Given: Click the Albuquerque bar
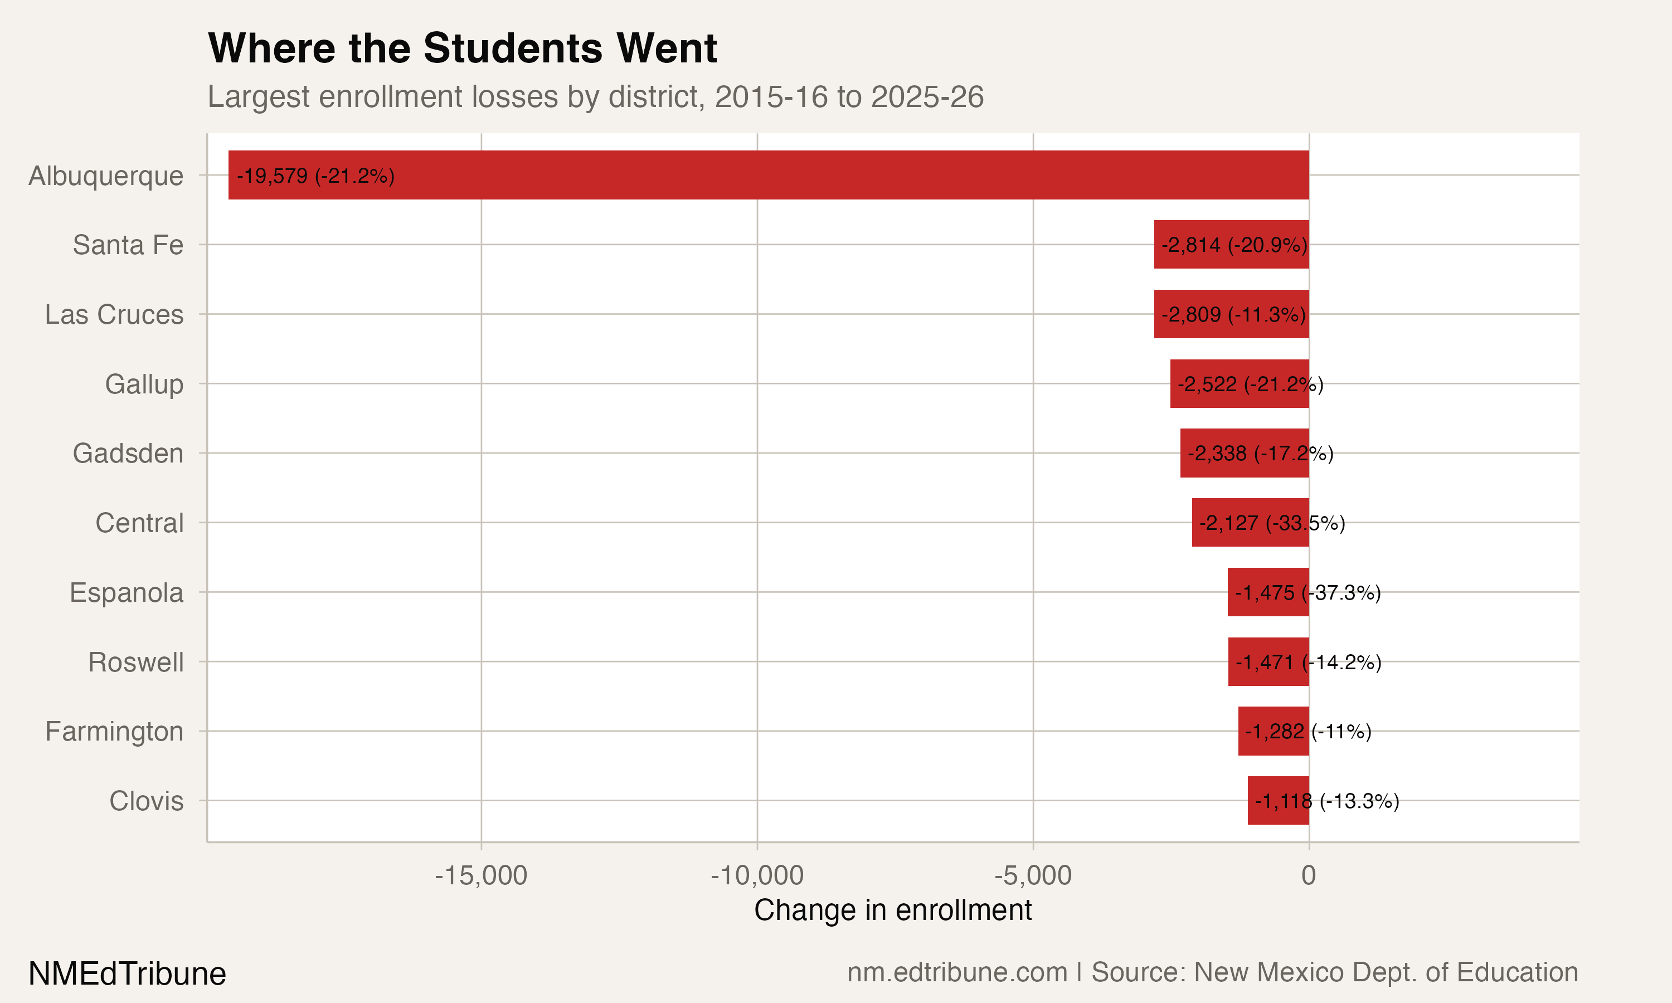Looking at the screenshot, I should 769,175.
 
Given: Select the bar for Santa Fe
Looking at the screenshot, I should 1231,245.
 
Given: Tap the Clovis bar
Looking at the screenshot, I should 1278,801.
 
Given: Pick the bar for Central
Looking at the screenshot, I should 1250,523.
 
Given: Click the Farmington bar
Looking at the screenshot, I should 1274,731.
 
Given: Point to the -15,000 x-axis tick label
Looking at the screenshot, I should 480,876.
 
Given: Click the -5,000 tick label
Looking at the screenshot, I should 1033,876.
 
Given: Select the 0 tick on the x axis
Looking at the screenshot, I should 1309,876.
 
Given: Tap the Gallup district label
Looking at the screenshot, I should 144,384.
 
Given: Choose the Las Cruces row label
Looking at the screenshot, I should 114,315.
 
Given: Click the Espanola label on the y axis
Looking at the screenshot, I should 127,593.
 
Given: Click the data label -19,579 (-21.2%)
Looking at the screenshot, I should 315,176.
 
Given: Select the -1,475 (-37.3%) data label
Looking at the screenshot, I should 1308,593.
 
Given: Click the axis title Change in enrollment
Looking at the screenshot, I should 893,911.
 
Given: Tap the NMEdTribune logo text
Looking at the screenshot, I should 127,974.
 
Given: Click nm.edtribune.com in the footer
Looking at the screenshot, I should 957,972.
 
